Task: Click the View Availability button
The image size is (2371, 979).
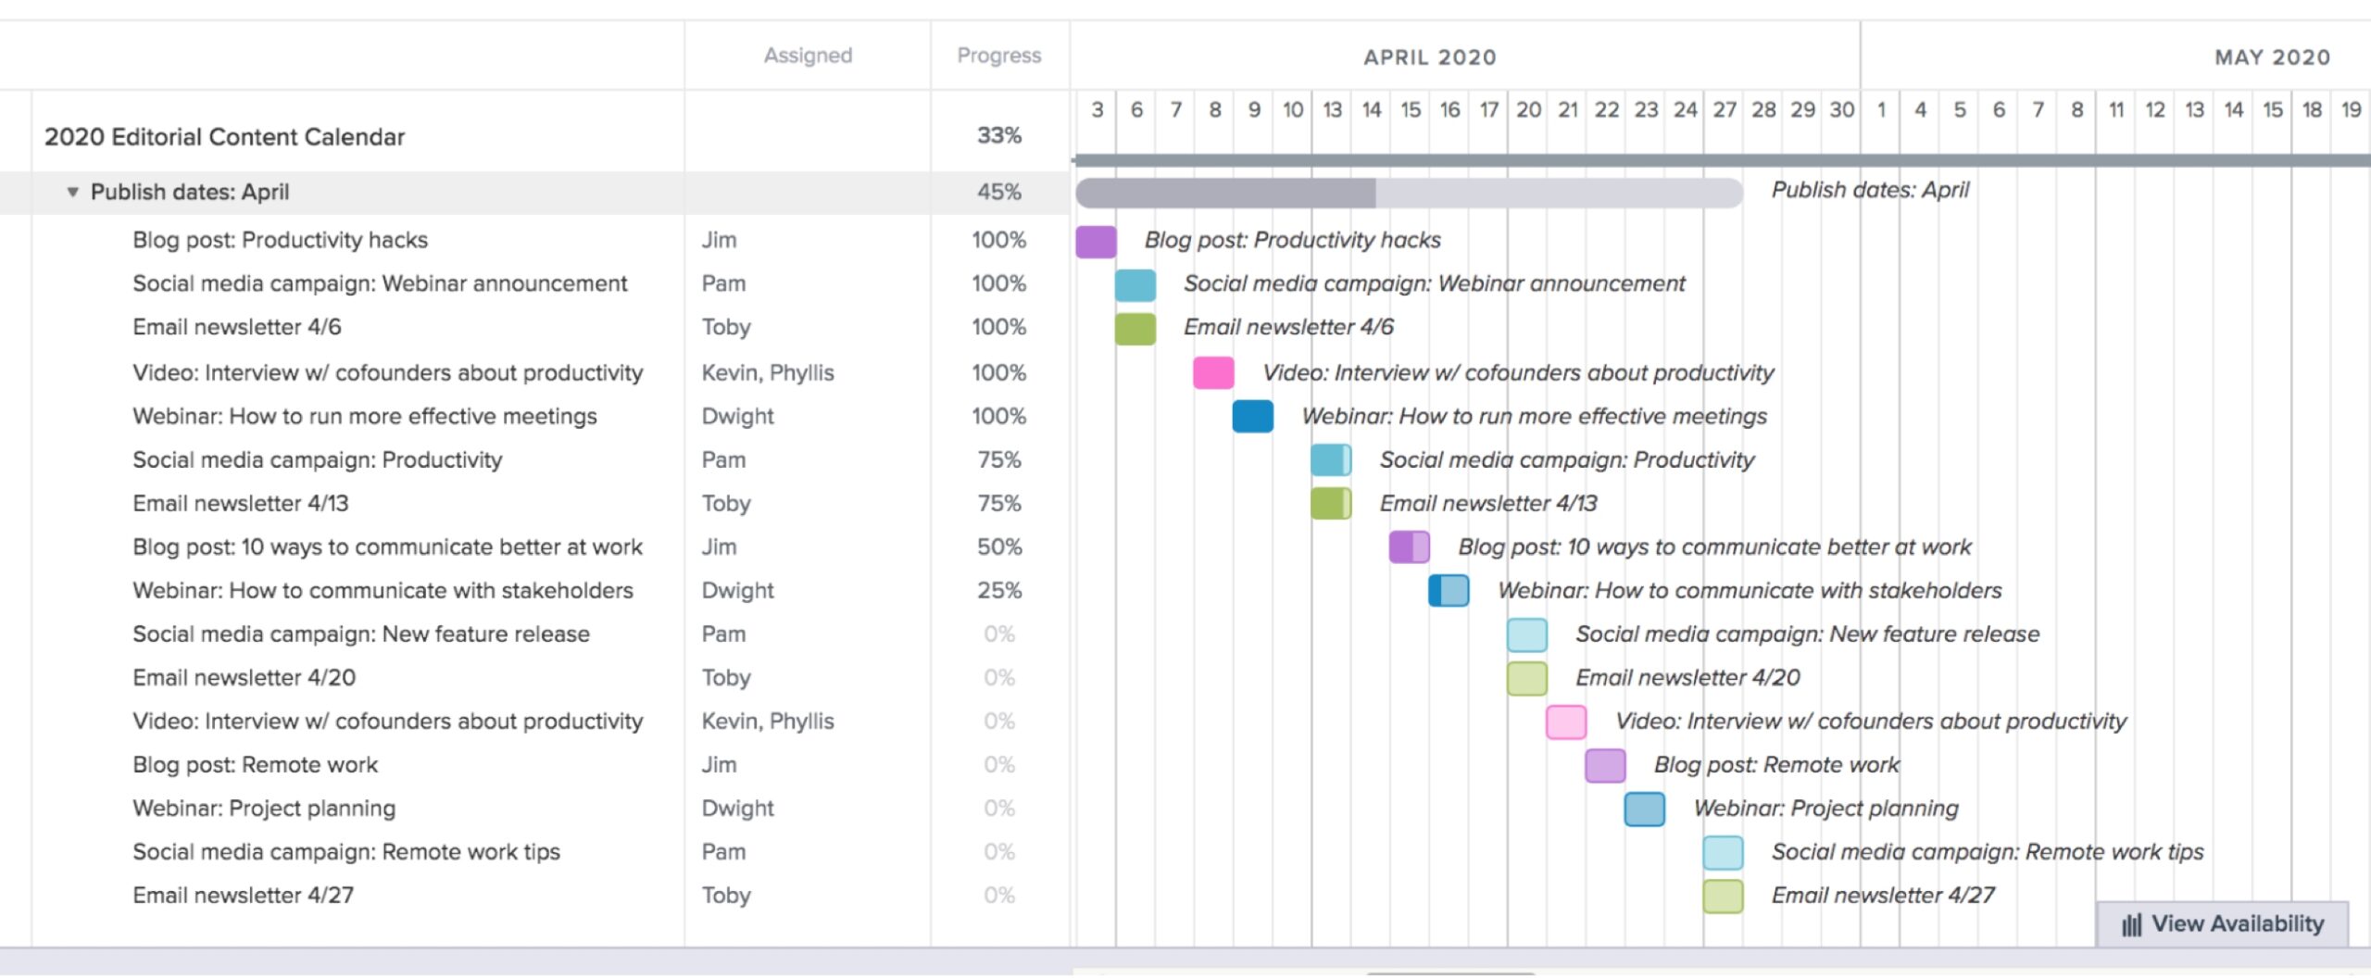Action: [x=2223, y=923]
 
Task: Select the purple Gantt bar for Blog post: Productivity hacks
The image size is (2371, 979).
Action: [x=1096, y=241]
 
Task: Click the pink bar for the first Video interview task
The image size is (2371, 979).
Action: [x=1213, y=372]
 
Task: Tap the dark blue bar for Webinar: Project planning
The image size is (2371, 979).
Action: [x=1644, y=809]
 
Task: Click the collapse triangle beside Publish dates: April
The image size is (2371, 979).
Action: [x=72, y=192]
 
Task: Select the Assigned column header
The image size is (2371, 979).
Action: [x=808, y=56]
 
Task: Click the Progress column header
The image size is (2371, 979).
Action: [x=998, y=56]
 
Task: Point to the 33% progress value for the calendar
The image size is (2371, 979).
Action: [x=998, y=136]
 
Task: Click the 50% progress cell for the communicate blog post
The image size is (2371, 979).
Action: [x=998, y=546]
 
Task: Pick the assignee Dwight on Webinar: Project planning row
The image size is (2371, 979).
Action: [x=737, y=809]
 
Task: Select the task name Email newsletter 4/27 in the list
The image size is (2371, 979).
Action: [x=243, y=896]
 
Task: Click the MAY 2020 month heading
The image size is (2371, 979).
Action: [x=2271, y=57]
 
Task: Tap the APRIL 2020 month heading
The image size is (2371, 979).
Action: [x=1429, y=57]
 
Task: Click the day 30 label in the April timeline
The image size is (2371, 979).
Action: [x=1841, y=110]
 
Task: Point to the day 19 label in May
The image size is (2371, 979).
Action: [x=2351, y=110]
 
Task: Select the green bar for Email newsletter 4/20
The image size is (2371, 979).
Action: [x=1526, y=678]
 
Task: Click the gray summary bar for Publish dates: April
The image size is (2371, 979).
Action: [x=1408, y=193]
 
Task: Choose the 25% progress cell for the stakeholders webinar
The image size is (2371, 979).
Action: [x=998, y=590]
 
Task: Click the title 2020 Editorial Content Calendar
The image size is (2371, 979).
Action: [x=224, y=137]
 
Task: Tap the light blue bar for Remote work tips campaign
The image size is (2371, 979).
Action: [x=1723, y=852]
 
